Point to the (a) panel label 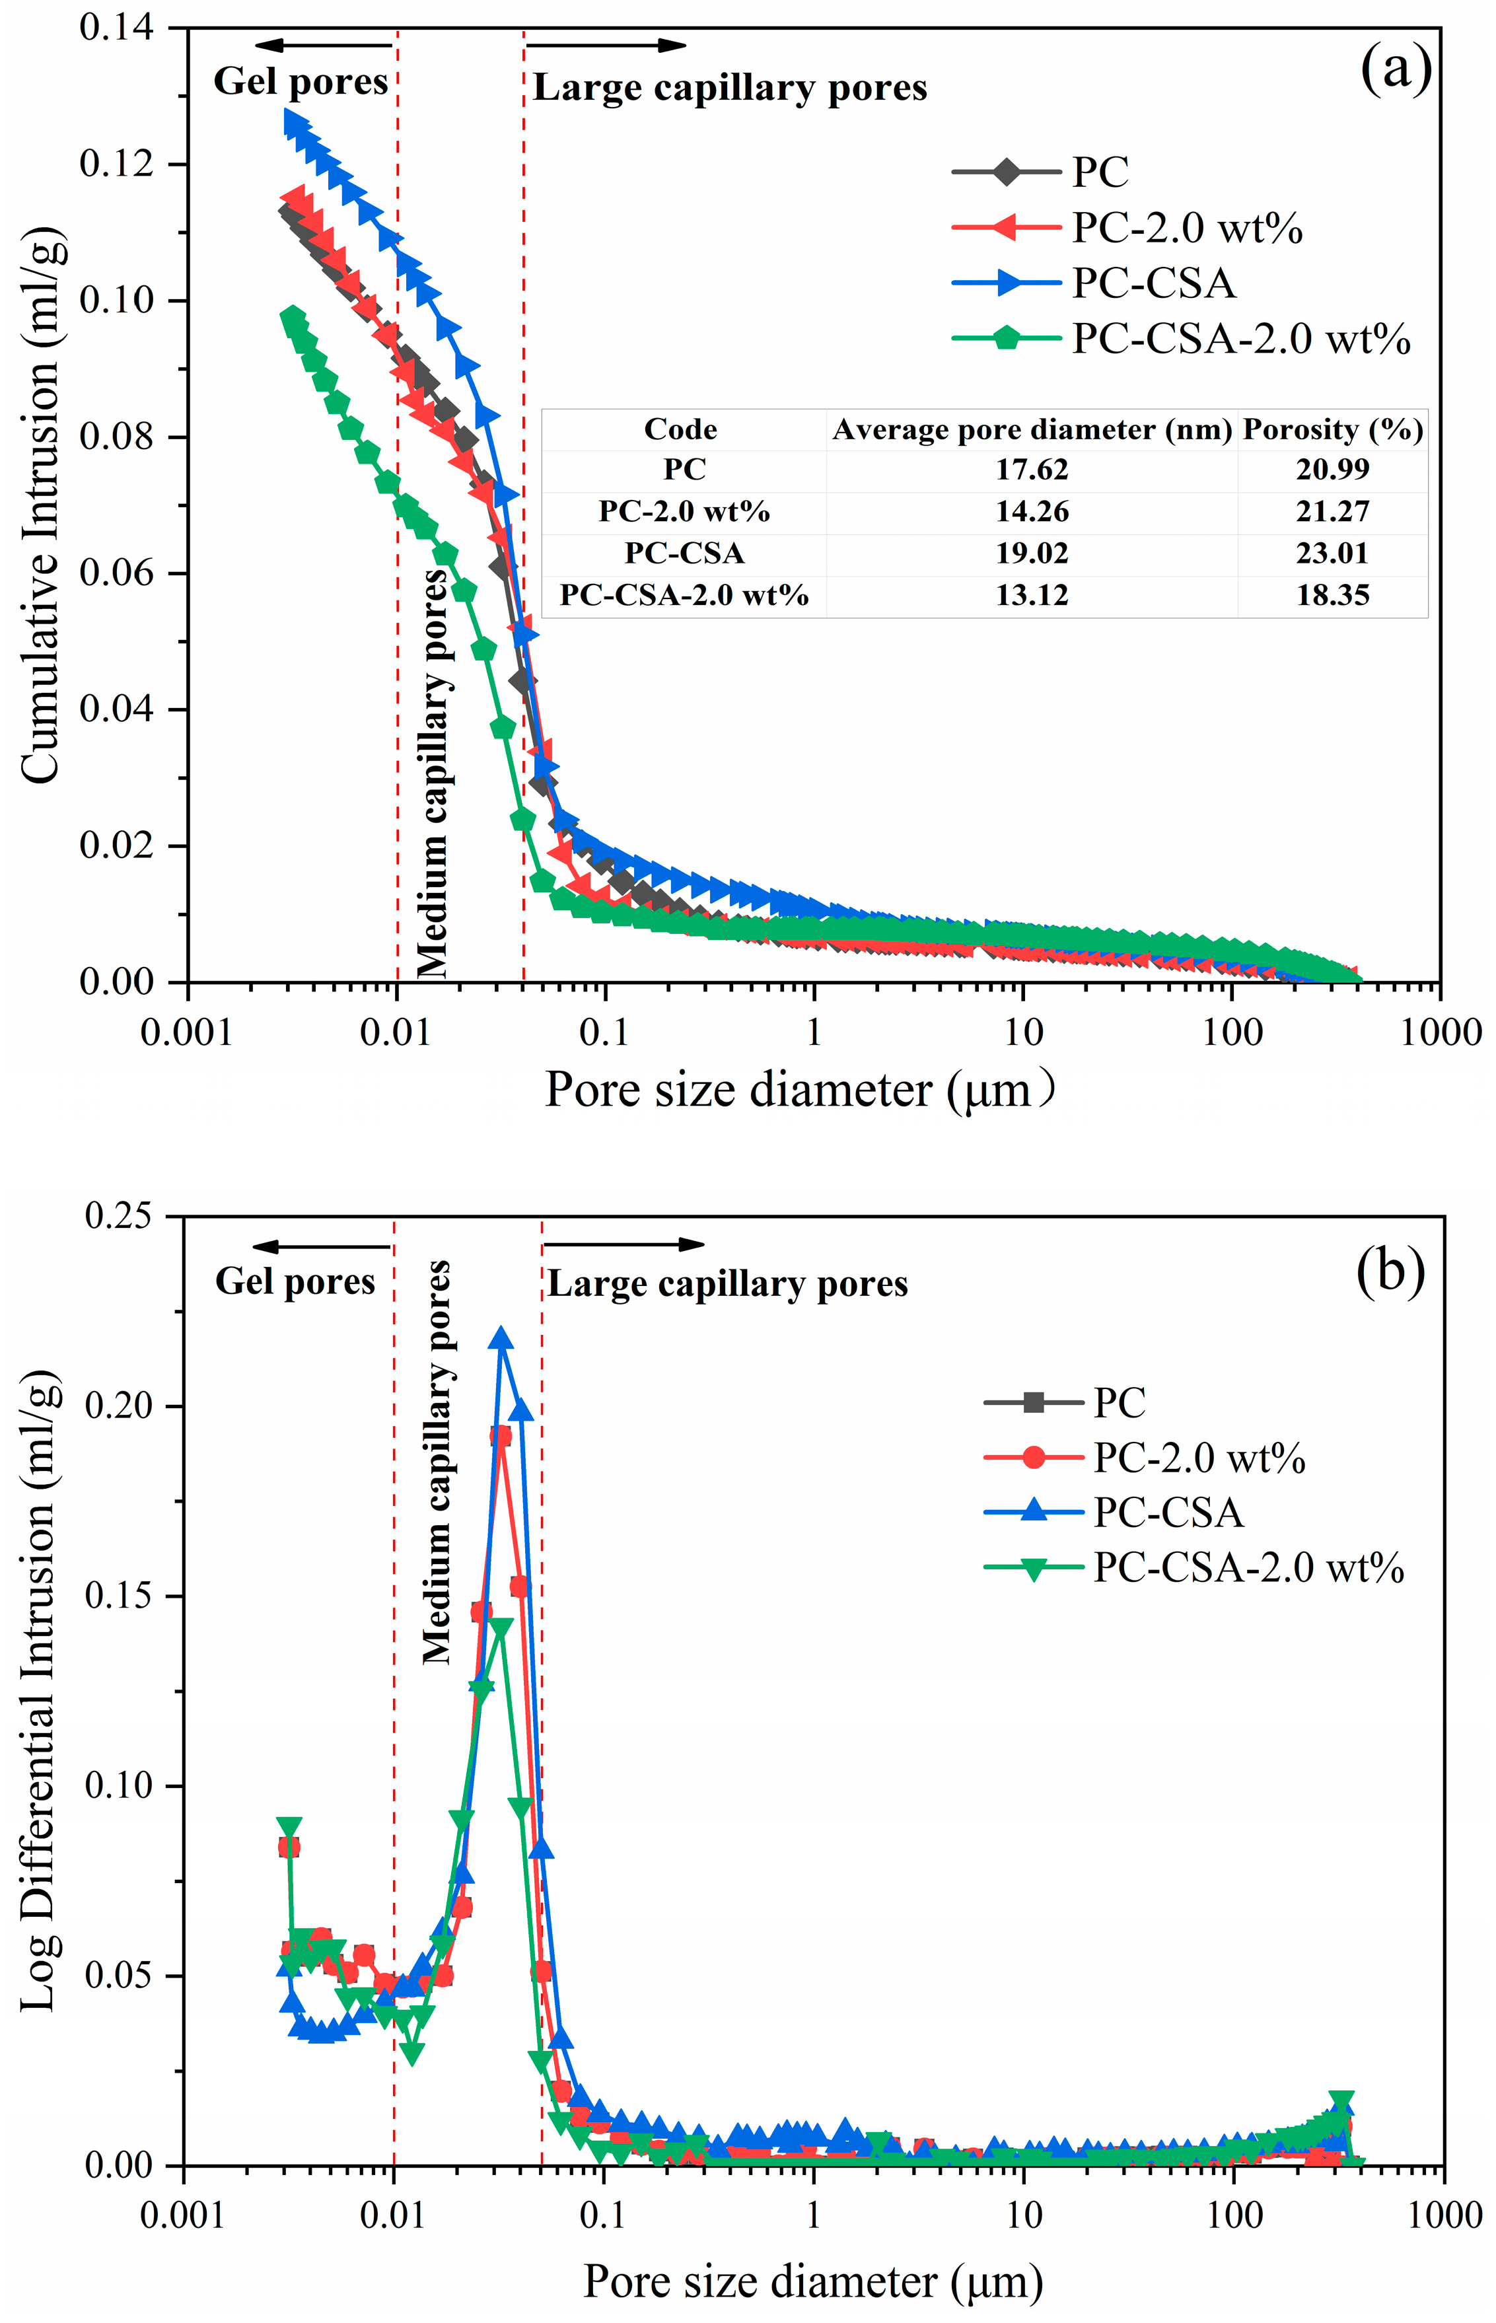(1395, 70)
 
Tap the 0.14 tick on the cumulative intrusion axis (116, 27)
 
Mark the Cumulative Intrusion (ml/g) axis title (41, 505)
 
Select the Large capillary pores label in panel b (727, 1284)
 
